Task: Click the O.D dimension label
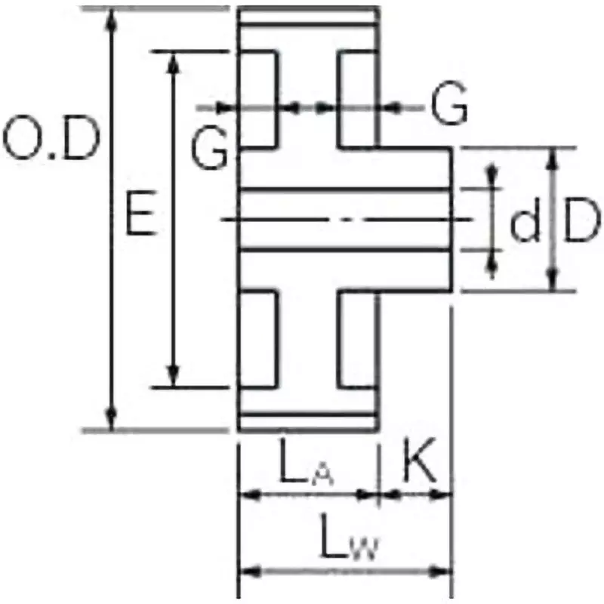pyautogui.click(x=51, y=140)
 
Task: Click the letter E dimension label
pyautogui.click(x=141, y=215)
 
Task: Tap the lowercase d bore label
pyautogui.click(x=525, y=224)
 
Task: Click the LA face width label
pyautogui.click(x=307, y=467)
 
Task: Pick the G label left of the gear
pyautogui.click(x=209, y=149)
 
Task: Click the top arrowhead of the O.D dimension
pyautogui.click(x=112, y=18)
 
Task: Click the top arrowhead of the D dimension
pyautogui.click(x=553, y=157)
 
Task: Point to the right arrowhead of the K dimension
pyautogui.click(x=444, y=495)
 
